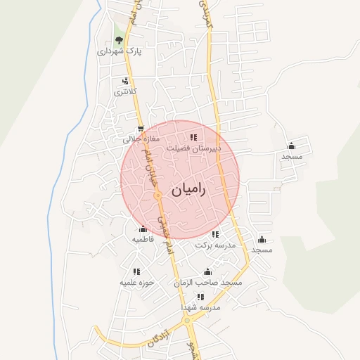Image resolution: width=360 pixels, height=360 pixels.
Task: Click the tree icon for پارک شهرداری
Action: point(119,40)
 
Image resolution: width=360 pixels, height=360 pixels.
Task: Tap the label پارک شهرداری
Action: point(119,51)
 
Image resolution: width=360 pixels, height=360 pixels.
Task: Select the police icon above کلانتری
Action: point(126,81)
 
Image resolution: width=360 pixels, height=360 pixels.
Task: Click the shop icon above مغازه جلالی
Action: point(141,129)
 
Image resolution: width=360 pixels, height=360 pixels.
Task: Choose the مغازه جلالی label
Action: point(141,139)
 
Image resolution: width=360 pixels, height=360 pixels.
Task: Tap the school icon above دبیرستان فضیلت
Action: point(193,137)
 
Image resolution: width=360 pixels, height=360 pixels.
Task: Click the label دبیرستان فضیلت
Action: point(193,148)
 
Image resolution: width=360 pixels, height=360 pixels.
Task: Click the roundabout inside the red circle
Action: point(159,194)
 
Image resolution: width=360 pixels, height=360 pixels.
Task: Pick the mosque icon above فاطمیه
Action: point(143,229)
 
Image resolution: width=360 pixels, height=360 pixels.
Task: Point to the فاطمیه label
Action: point(143,240)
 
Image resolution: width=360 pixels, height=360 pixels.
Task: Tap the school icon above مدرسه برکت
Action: point(215,234)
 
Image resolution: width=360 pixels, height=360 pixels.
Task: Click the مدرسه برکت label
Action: point(214,245)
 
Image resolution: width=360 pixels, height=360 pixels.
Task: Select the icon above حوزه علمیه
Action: point(136,271)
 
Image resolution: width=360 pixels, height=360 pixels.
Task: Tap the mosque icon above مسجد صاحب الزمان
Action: point(207,271)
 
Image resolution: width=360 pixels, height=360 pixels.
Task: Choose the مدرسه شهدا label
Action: point(200,308)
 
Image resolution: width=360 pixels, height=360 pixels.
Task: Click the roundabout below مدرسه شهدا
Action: point(187,321)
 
